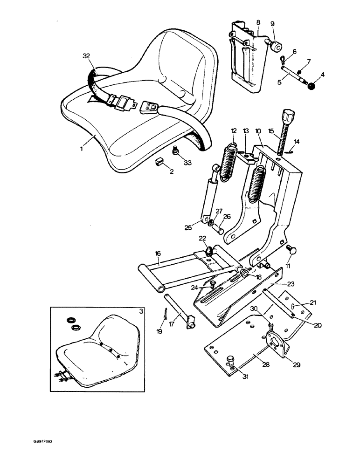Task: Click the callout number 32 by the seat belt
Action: point(86,56)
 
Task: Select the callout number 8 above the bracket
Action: point(258,22)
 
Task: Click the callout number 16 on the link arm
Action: point(158,253)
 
